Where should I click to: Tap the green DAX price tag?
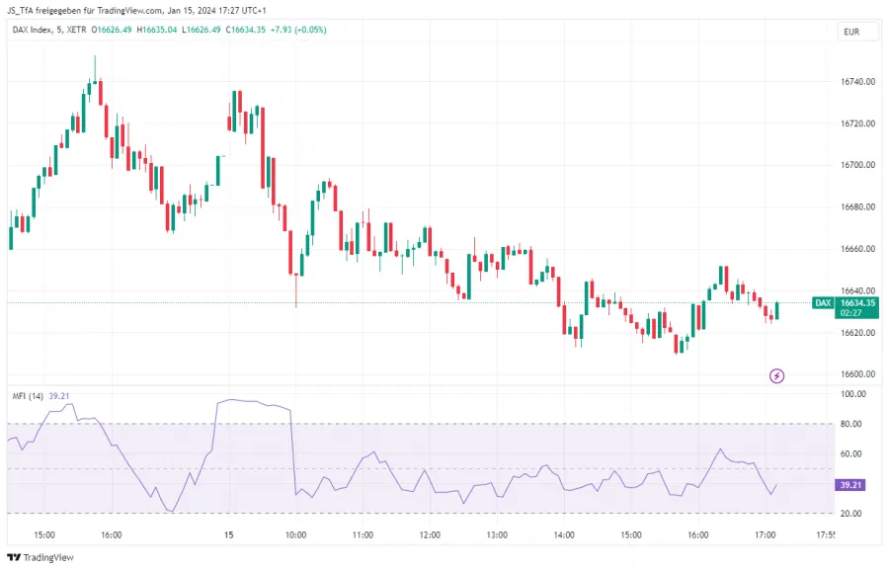click(x=822, y=302)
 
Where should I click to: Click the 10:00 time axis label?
click(x=295, y=534)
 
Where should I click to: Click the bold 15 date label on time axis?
click(x=228, y=534)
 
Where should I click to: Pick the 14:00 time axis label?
click(x=564, y=534)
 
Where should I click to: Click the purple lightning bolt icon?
click(x=777, y=375)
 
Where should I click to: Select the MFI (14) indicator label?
click(x=28, y=396)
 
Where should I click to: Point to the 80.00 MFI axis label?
click(x=854, y=424)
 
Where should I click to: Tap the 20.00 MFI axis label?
click(x=854, y=514)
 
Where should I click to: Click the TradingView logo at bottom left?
click(x=40, y=557)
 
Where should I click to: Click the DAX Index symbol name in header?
click(x=35, y=30)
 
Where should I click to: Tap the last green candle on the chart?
click(x=777, y=310)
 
